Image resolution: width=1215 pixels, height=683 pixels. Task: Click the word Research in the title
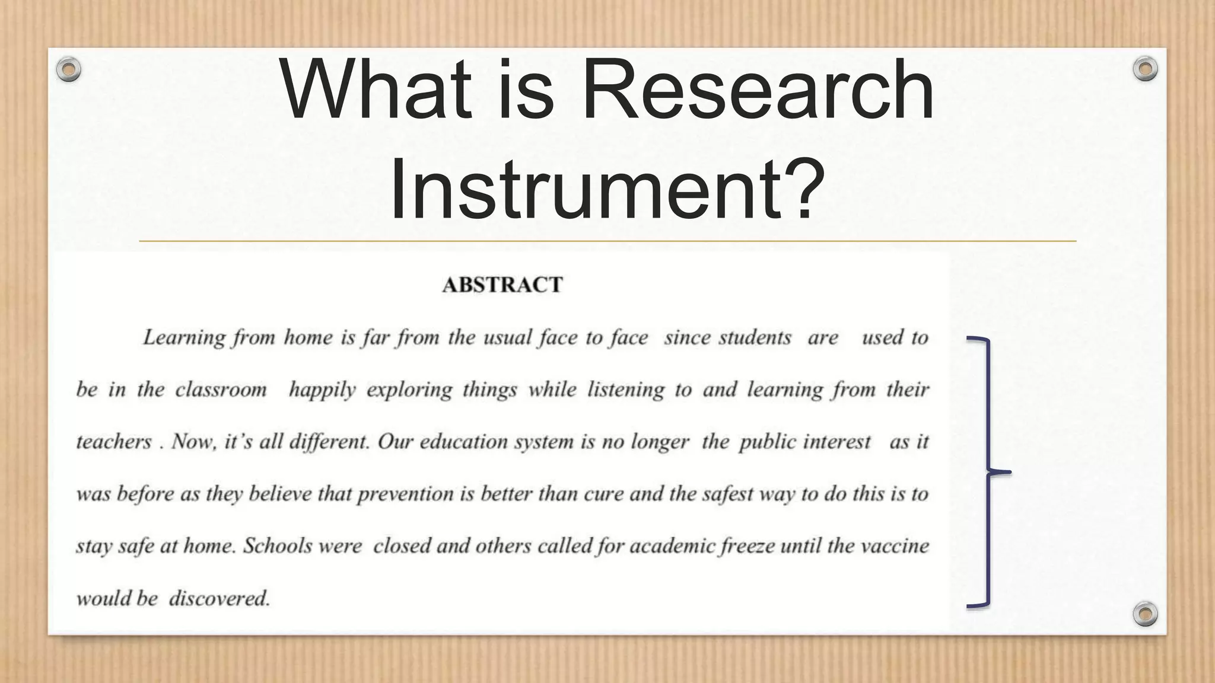click(758, 90)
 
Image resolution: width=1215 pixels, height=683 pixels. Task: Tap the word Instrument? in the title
click(607, 182)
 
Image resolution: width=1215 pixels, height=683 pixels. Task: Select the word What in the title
click(376, 90)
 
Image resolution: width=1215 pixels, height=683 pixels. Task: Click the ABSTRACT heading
click(502, 285)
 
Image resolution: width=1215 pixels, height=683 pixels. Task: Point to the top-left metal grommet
click(69, 69)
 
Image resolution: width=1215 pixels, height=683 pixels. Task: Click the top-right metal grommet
click(1145, 69)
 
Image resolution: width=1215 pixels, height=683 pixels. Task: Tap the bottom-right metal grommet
click(1145, 614)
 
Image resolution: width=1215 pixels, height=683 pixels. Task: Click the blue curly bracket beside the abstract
click(987, 472)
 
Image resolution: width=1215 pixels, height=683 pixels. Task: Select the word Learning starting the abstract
click(184, 338)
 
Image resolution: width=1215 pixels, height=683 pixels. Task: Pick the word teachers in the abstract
click(114, 442)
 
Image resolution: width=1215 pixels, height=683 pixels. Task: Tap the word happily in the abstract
click(322, 390)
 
